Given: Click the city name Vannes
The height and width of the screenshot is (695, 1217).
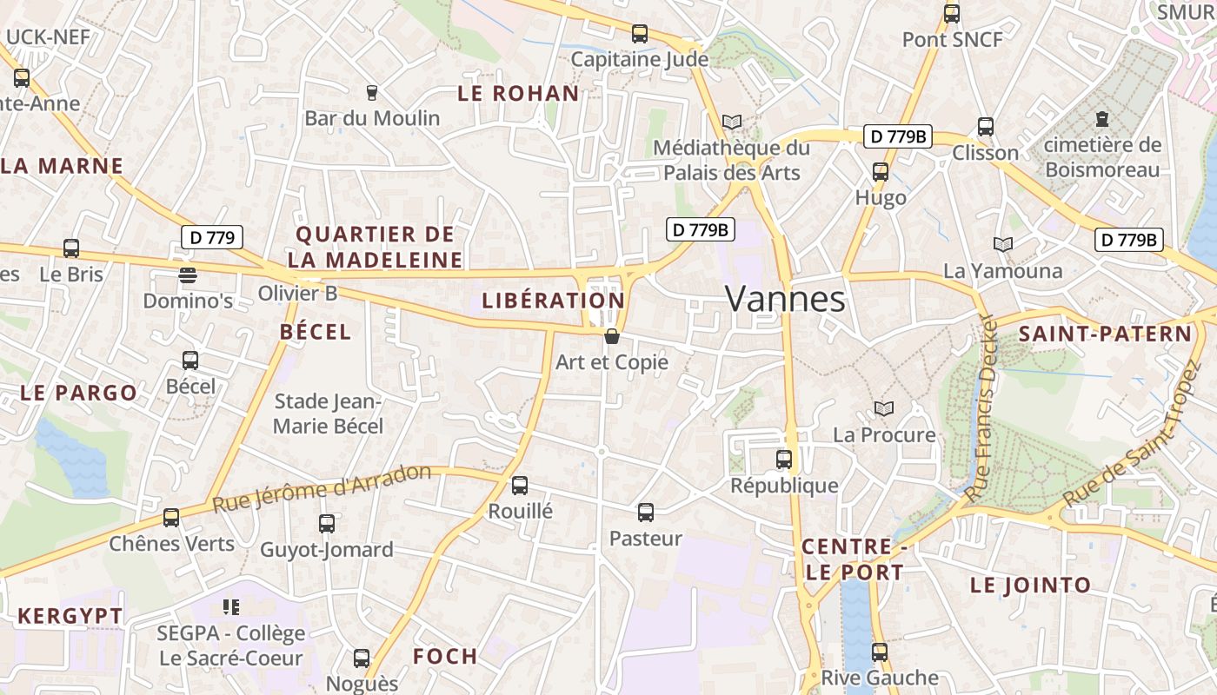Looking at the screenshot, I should [785, 300].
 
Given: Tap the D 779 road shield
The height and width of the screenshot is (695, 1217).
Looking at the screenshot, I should [212, 237].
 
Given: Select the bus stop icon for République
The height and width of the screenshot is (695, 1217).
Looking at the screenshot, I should [784, 460].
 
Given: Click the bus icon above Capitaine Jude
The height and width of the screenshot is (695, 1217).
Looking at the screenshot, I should [640, 34].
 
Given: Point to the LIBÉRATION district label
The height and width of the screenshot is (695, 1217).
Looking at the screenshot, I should [553, 301].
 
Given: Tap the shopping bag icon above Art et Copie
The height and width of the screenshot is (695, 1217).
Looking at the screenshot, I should [612, 336].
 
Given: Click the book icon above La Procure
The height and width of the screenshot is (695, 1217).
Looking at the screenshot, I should [884, 408].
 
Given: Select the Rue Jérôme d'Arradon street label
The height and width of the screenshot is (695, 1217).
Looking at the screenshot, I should [322, 488].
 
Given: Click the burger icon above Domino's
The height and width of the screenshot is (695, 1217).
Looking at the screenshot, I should [188, 275].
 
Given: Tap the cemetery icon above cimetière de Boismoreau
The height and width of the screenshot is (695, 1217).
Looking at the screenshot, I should [1102, 118].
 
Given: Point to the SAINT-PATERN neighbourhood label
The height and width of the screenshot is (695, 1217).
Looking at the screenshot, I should [1105, 334].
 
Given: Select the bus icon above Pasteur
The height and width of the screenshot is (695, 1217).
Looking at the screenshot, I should [646, 513].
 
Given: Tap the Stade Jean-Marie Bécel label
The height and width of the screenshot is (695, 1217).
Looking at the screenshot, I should [328, 414].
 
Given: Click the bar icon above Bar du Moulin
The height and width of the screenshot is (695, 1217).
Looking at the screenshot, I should [372, 92].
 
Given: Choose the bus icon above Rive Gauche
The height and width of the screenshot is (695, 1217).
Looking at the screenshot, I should [880, 652].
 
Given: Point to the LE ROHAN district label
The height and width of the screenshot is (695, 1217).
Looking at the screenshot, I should [518, 94].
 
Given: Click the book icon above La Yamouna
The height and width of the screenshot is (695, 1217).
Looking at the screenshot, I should [1003, 245].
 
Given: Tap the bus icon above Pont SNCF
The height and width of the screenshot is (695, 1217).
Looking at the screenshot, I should [952, 14].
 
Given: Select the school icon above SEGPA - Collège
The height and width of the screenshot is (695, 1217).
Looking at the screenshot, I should [231, 606].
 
